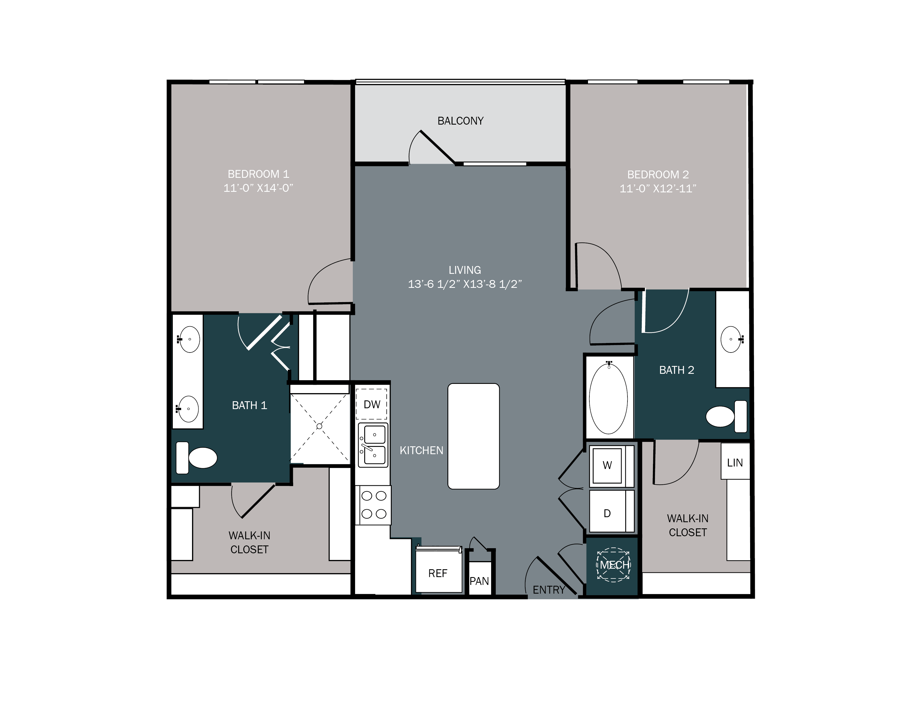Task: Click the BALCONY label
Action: (460, 121)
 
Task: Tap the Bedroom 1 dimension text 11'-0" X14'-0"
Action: (258, 188)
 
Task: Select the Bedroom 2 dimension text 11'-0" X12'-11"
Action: (658, 189)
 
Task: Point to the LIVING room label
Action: (465, 270)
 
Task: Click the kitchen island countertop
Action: (473, 436)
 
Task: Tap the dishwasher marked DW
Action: (372, 404)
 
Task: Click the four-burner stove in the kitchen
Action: (374, 505)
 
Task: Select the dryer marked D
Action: (607, 513)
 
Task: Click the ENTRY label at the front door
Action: (549, 590)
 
